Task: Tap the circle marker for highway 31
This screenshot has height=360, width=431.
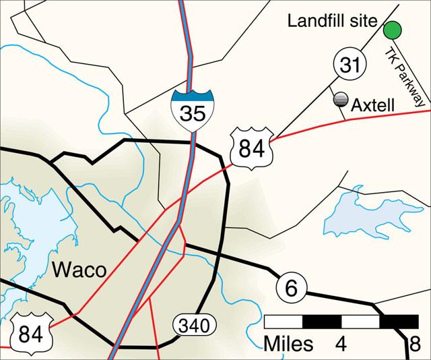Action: (x=349, y=66)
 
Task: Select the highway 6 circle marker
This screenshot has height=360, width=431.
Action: (x=291, y=288)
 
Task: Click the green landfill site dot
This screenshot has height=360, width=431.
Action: (x=392, y=30)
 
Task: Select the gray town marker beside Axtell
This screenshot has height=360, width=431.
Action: (x=342, y=100)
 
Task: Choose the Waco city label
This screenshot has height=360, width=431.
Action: (x=79, y=271)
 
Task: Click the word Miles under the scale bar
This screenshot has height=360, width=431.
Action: (x=289, y=344)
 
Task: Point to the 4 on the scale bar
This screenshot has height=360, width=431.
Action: (x=341, y=344)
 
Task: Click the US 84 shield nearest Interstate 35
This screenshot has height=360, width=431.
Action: (x=251, y=146)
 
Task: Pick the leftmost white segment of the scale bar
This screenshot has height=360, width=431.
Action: (x=284, y=321)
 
